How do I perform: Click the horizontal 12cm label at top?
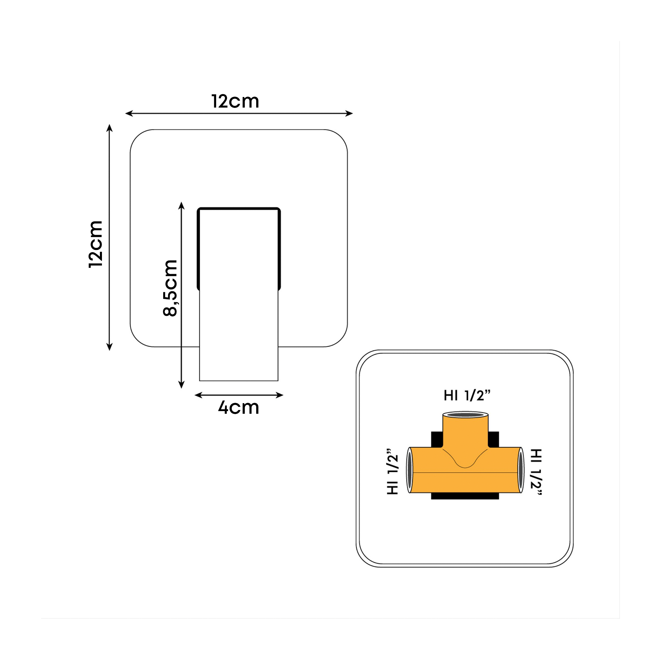[x=235, y=101]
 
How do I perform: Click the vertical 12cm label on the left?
[x=96, y=244]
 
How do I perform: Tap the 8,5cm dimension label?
[x=170, y=288]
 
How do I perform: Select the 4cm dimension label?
[x=238, y=407]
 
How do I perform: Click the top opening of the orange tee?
[x=465, y=415]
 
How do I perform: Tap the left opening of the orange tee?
[x=409, y=470]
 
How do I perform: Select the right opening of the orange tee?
[x=521, y=470]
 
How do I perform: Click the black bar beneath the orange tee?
[x=465, y=496]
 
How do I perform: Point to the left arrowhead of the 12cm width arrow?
[x=129, y=114]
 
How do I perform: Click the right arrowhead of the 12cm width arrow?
[x=349, y=114]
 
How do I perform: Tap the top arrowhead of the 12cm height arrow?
[x=110, y=128]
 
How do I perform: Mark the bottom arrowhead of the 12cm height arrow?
[x=110, y=347]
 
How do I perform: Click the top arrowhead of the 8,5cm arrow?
[x=182, y=206]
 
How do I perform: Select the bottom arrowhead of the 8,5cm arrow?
[x=182, y=385]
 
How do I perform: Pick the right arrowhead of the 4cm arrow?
[x=280, y=395]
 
